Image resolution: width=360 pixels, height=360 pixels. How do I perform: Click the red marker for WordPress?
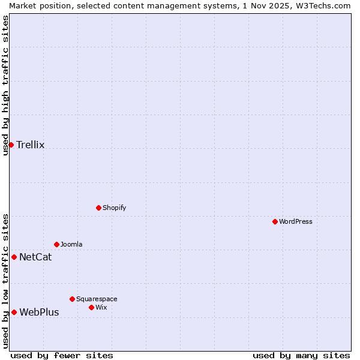click(275, 221)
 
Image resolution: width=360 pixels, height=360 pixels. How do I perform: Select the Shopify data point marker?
click(98, 208)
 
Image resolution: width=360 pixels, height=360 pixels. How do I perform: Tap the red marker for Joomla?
click(56, 244)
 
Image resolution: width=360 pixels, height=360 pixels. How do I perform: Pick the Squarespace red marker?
click(72, 299)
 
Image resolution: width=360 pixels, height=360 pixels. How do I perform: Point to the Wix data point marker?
click(91, 307)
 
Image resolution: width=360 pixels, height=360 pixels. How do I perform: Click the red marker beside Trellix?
click(11, 145)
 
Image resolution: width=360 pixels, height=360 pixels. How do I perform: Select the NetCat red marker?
click(14, 257)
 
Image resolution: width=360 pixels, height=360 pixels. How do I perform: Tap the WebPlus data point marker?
click(14, 312)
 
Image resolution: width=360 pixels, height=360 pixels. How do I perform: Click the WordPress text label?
click(296, 221)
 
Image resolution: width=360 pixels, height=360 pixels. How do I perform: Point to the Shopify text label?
click(114, 208)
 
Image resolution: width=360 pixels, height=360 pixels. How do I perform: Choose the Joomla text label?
click(71, 244)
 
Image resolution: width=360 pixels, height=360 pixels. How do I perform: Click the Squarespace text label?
click(97, 299)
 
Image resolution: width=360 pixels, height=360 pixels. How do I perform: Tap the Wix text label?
click(101, 307)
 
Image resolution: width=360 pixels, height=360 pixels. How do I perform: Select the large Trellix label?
click(31, 145)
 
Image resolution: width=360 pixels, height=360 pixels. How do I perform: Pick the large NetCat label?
click(35, 257)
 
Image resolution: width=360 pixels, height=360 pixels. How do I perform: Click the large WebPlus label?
click(39, 312)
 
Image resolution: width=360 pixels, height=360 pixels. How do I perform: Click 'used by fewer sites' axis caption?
click(62, 355)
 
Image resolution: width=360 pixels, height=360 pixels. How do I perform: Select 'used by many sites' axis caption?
click(301, 355)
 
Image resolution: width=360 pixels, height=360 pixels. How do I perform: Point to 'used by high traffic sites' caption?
click(5, 85)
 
